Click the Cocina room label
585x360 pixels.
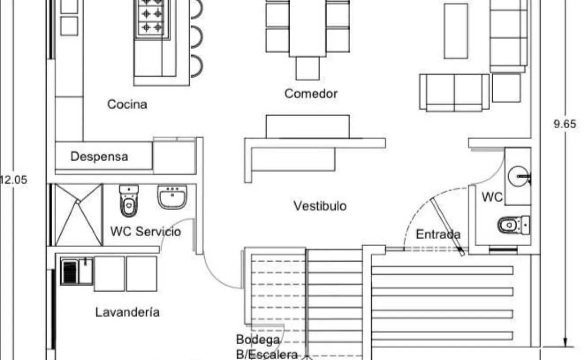[x=127, y=104]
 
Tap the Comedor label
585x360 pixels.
[x=311, y=94]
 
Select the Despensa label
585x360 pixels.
[x=99, y=157]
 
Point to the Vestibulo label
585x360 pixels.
[x=320, y=206]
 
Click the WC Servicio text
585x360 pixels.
[x=145, y=232]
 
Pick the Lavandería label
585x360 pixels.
[x=127, y=312]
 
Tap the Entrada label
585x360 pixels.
[x=438, y=234]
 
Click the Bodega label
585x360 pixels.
[x=258, y=339]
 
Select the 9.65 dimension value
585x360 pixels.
[x=564, y=125]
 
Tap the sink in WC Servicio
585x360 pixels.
[x=172, y=197]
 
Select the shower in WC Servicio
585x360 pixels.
[x=79, y=215]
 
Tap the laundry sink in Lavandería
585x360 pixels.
[x=77, y=271]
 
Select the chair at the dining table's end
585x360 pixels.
[x=307, y=68]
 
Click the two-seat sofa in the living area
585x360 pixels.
[x=454, y=92]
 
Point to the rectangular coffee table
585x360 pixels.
[x=455, y=31]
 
